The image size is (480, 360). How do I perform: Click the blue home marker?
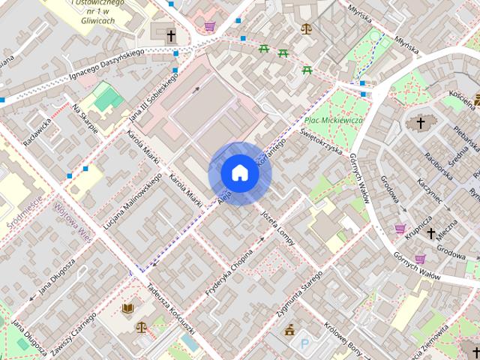pos(240,173)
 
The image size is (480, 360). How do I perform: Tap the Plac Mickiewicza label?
pos(334,120)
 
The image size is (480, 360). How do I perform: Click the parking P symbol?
pos(304,344)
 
